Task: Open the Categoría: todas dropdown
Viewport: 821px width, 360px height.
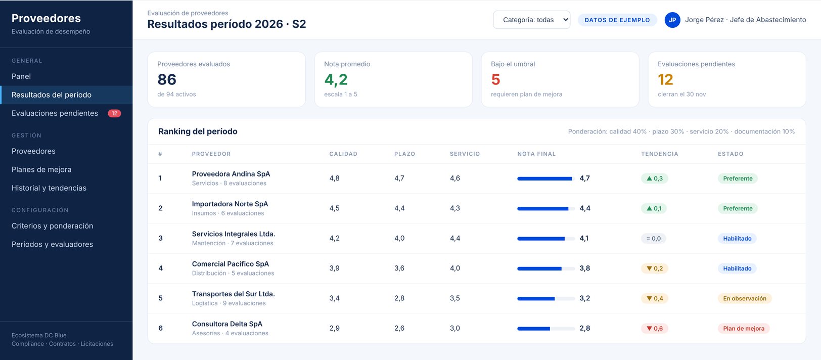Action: point(531,20)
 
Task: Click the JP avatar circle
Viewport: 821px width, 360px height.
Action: point(672,20)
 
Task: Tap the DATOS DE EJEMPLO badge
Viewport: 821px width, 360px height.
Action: point(617,20)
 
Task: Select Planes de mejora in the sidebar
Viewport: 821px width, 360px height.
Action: point(41,169)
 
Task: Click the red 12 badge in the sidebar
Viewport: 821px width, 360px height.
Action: point(114,113)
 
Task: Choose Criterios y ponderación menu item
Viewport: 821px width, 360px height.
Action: point(52,226)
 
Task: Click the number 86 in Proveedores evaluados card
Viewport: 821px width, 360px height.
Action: point(167,79)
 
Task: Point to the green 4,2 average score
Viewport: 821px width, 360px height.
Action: point(336,79)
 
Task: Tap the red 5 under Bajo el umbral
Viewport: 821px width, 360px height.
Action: point(495,79)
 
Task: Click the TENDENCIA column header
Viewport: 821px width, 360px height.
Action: point(659,154)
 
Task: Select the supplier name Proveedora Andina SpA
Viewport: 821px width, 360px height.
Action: point(231,174)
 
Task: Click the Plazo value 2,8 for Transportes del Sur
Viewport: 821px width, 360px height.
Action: point(399,298)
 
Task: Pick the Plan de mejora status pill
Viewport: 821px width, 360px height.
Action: point(744,329)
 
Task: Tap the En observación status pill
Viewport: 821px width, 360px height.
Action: point(745,298)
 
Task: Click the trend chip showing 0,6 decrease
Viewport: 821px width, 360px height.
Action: point(655,329)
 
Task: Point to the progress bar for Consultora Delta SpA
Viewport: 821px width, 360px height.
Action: point(546,329)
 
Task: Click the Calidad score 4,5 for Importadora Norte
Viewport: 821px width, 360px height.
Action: point(334,208)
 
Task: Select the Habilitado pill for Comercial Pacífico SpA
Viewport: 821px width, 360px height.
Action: point(737,268)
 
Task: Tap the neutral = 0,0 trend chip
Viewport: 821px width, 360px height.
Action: point(654,238)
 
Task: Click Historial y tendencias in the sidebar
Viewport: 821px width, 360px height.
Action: point(49,188)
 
